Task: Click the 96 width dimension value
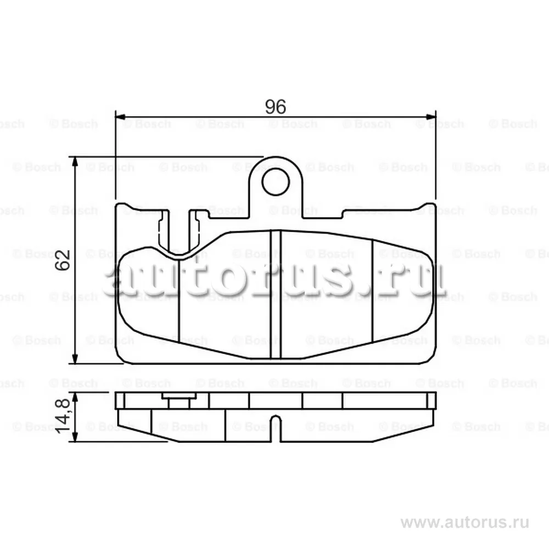point(276,107)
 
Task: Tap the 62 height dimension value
point(63,260)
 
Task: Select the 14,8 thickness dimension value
point(63,416)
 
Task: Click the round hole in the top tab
point(276,182)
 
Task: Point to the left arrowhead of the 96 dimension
point(120,116)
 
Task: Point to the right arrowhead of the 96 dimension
point(430,116)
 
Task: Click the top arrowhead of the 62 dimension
point(75,162)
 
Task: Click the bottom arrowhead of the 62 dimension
point(75,358)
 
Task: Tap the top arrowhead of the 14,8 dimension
point(75,397)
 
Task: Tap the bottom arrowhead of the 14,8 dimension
point(75,436)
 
